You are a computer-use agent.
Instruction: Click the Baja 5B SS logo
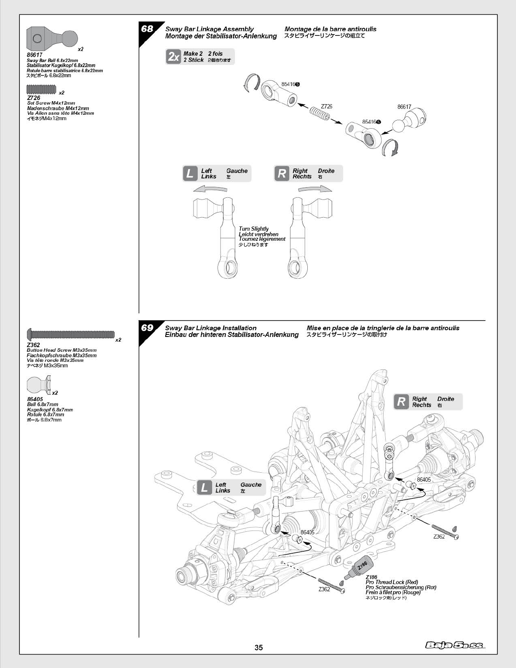point(455,645)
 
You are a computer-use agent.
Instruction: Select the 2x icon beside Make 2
point(174,57)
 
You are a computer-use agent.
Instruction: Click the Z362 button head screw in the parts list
point(71,334)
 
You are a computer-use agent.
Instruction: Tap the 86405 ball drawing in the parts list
point(39,385)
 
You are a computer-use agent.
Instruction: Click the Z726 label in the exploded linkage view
point(326,106)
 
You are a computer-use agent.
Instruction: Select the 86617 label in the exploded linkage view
point(404,107)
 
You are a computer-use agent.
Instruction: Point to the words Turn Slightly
point(253,229)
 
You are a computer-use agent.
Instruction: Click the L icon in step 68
point(190,174)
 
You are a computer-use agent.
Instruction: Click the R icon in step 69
point(401,401)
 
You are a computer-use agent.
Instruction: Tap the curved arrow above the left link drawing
point(210,189)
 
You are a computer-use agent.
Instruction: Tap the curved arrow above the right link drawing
point(315,189)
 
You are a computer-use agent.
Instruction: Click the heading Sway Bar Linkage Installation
point(210,328)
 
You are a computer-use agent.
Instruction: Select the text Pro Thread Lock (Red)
point(392,582)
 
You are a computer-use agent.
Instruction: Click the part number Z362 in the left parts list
point(33,345)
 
